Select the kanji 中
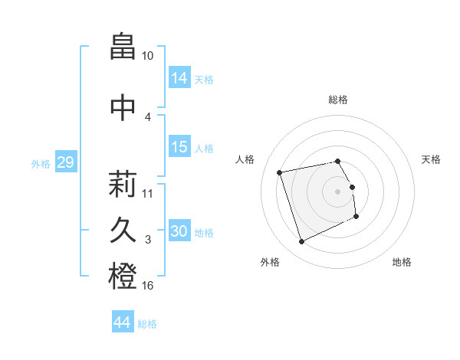tap(123, 106)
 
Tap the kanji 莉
tap(123, 185)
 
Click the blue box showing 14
tap(179, 78)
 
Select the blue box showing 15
tap(179, 147)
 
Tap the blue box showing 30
tap(179, 231)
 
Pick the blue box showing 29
tap(65, 162)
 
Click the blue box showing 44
tap(123, 323)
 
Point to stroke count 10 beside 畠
tap(148, 56)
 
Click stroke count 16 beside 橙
tap(148, 286)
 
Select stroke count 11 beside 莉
tap(148, 193)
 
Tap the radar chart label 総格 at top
tap(338, 100)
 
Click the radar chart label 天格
tap(431, 159)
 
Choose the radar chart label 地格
tap(402, 262)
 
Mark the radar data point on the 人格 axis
tap(280, 172)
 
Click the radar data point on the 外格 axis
tap(301, 242)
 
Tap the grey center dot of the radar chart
tap(338, 191)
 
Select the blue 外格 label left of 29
tap(41, 163)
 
